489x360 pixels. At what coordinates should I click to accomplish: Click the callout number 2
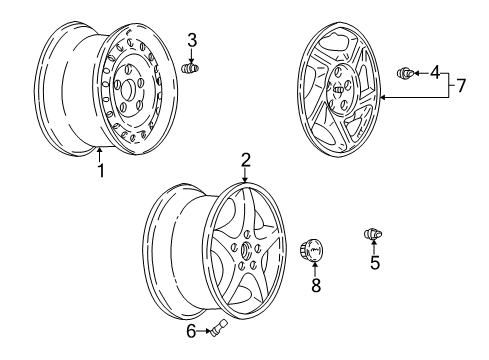click(x=244, y=158)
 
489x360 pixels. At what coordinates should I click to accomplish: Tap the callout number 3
click(x=193, y=41)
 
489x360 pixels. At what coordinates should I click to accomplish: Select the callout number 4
click(x=435, y=72)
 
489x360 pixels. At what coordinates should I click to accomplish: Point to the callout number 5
click(x=374, y=264)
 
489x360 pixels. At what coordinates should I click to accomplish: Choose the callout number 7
click(x=461, y=85)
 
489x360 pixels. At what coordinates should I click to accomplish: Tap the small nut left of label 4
click(x=407, y=72)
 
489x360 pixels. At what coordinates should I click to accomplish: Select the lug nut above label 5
click(x=373, y=235)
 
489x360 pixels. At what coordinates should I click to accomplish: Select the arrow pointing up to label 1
click(x=100, y=153)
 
